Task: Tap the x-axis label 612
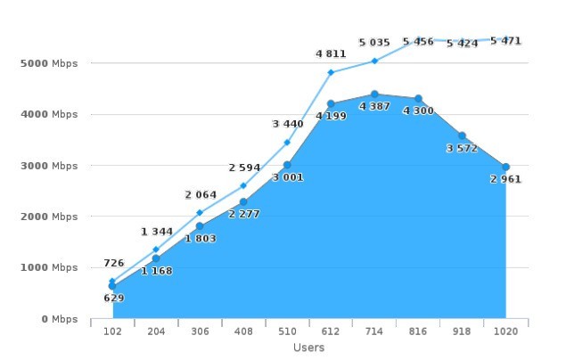[331, 332]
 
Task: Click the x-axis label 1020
[505, 332]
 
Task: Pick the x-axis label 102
[112, 332]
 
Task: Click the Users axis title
[308, 348]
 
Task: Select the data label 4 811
[331, 54]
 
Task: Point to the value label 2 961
[505, 179]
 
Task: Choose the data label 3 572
[462, 148]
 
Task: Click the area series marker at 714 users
[374, 94]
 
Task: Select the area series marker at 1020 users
[505, 168]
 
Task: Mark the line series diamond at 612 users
[331, 72]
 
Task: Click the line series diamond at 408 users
[243, 185]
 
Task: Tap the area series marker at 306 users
[200, 226]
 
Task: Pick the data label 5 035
[374, 43]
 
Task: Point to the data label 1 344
[157, 232]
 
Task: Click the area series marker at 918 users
[462, 136]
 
